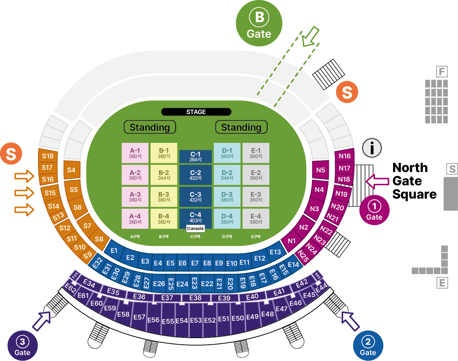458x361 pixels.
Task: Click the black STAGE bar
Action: pos(196,112)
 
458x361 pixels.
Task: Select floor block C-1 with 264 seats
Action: pos(196,157)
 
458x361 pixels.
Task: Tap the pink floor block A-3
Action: pos(135,197)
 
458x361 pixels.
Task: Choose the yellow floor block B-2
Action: pos(164,175)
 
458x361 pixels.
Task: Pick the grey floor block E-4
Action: pos(256,219)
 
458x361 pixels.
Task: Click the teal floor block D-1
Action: pos(227,153)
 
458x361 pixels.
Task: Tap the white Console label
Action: pos(195,228)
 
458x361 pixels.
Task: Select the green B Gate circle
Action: pos(259,23)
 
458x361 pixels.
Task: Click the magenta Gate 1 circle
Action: pos(374,210)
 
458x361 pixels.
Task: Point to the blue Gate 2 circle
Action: pos(368,345)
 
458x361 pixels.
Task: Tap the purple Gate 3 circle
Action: pos(23,345)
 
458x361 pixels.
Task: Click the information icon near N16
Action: pos(372,148)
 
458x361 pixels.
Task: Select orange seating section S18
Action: pos(48,156)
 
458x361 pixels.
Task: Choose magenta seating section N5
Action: pos(321,170)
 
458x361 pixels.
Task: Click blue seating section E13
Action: pos(275,252)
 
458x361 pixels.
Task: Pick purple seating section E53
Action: pos(196,320)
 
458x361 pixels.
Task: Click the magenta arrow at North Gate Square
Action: pos(377,181)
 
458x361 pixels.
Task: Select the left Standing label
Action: pos(150,127)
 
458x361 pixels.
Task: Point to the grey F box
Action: pos(442,71)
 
